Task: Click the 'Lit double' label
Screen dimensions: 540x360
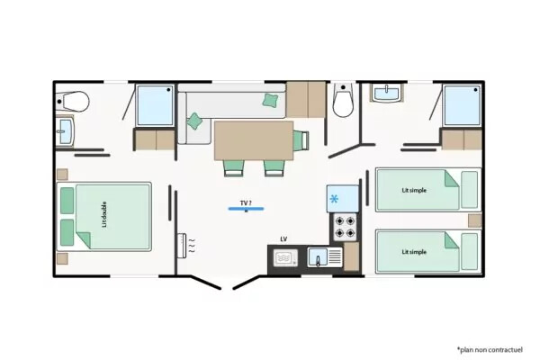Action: [x=104, y=214]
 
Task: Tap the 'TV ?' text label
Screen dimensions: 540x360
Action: [x=246, y=203]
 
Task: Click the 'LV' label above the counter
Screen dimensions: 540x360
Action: [x=283, y=239]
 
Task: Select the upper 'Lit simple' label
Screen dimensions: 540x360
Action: [x=414, y=190]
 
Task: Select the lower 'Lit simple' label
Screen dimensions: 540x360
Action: [x=414, y=252]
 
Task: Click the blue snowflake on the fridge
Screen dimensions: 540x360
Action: [x=334, y=199]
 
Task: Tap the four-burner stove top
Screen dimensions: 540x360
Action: [x=345, y=228]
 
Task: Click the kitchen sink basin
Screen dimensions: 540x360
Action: [x=318, y=257]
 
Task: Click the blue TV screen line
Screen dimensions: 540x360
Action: [x=246, y=209]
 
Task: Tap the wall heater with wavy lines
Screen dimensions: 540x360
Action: [x=183, y=246]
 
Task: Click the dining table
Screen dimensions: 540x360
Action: [x=254, y=140]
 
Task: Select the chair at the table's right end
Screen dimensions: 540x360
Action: [x=301, y=140]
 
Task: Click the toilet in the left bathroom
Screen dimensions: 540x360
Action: [x=72, y=102]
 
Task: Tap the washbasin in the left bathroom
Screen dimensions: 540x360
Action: [x=65, y=130]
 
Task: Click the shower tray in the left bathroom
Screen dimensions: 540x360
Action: [x=155, y=105]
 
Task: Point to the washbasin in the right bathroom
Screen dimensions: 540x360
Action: [x=386, y=93]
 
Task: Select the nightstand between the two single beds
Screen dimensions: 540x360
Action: [x=475, y=220]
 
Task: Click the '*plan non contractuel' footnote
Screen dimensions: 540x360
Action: [x=490, y=350]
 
